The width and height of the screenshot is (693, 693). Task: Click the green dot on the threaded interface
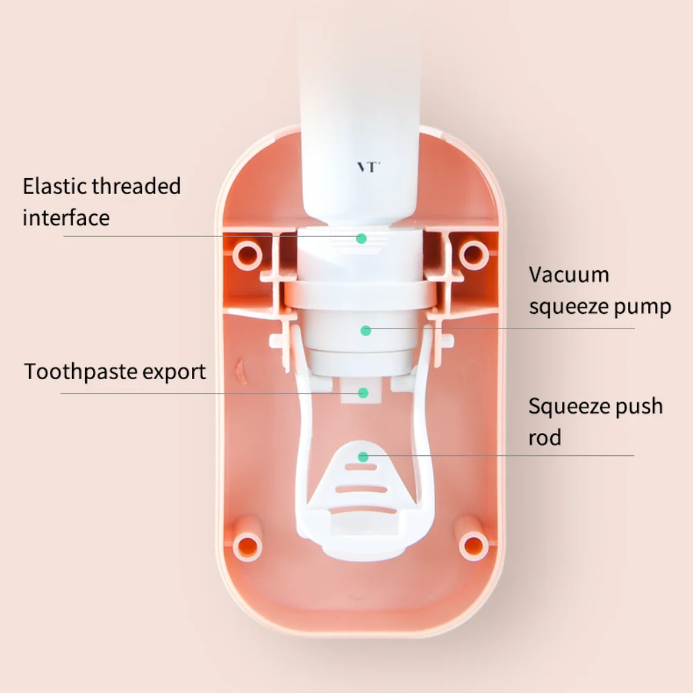[361, 238]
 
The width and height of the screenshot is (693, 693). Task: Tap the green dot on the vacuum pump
[365, 331]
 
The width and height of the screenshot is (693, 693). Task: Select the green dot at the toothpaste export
[363, 393]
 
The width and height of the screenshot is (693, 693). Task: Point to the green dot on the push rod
[363, 457]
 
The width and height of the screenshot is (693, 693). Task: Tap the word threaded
[137, 186]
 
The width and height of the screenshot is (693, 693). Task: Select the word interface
[67, 218]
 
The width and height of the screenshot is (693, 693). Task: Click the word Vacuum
[569, 275]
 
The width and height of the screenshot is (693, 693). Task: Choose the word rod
[545, 437]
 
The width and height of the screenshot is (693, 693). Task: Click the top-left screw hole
[247, 256]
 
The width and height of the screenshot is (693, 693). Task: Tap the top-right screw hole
[474, 255]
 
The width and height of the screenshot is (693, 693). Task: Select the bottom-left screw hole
[247, 547]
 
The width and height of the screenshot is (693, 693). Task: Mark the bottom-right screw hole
[474, 546]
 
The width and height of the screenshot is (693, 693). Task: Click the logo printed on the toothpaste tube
[368, 167]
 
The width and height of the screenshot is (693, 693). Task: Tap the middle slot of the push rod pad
[362, 489]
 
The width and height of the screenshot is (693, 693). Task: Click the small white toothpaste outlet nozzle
[360, 390]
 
